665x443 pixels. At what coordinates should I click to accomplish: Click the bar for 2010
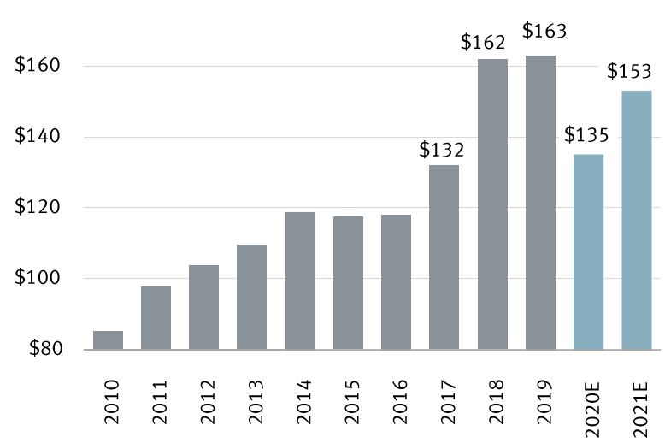click(x=108, y=340)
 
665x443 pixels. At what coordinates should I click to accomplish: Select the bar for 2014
click(x=300, y=281)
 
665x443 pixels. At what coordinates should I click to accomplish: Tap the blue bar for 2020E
click(x=588, y=251)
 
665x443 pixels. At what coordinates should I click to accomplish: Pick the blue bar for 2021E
click(x=636, y=220)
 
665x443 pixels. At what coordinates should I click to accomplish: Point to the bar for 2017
click(x=444, y=257)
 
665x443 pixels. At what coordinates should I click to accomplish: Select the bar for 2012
click(x=203, y=307)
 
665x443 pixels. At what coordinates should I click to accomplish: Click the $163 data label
click(x=544, y=32)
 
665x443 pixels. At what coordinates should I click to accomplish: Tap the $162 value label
click(x=484, y=41)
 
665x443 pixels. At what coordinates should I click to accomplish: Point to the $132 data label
click(x=442, y=150)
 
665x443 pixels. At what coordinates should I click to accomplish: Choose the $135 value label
click(x=587, y=135)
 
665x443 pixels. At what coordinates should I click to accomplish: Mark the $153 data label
click(x=629, y=70)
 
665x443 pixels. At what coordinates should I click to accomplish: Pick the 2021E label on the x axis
click(x=637, y=398)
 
